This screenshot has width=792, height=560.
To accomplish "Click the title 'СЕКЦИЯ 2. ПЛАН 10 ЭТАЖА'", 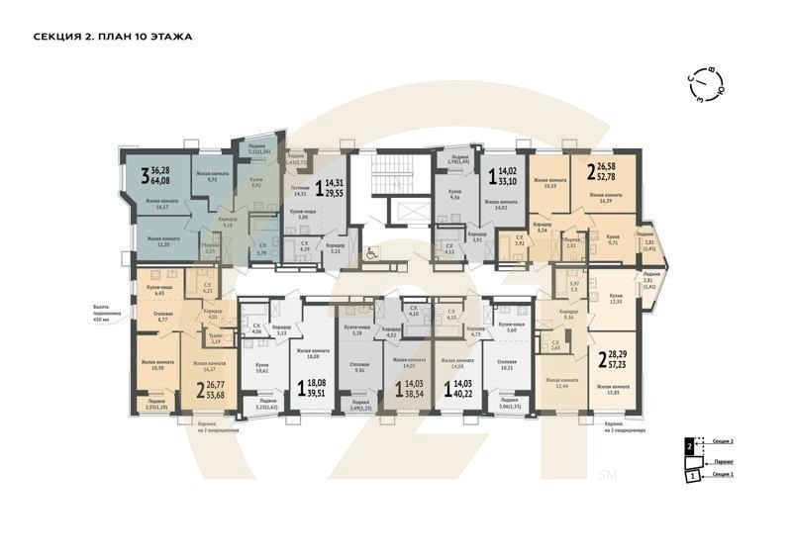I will tap(112, 37).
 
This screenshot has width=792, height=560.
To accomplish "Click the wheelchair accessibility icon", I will tap(371, 251).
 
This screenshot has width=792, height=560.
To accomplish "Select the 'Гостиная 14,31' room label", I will tap(301, 192).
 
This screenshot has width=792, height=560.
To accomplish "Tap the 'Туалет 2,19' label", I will tap(215, 337).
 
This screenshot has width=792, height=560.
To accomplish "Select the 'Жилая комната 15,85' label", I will tap(613, 390).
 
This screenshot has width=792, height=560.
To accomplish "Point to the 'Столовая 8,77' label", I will tap(157, 318).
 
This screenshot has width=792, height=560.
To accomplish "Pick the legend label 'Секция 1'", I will tap(723, 476).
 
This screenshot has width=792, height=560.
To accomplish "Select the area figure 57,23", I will tap(626, 364).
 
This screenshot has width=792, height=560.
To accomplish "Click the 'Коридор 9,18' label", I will tap(228, 221).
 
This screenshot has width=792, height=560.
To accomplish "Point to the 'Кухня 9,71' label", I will tap(614, 239).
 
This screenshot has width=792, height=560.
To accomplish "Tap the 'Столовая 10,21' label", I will tap(507, 364).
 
